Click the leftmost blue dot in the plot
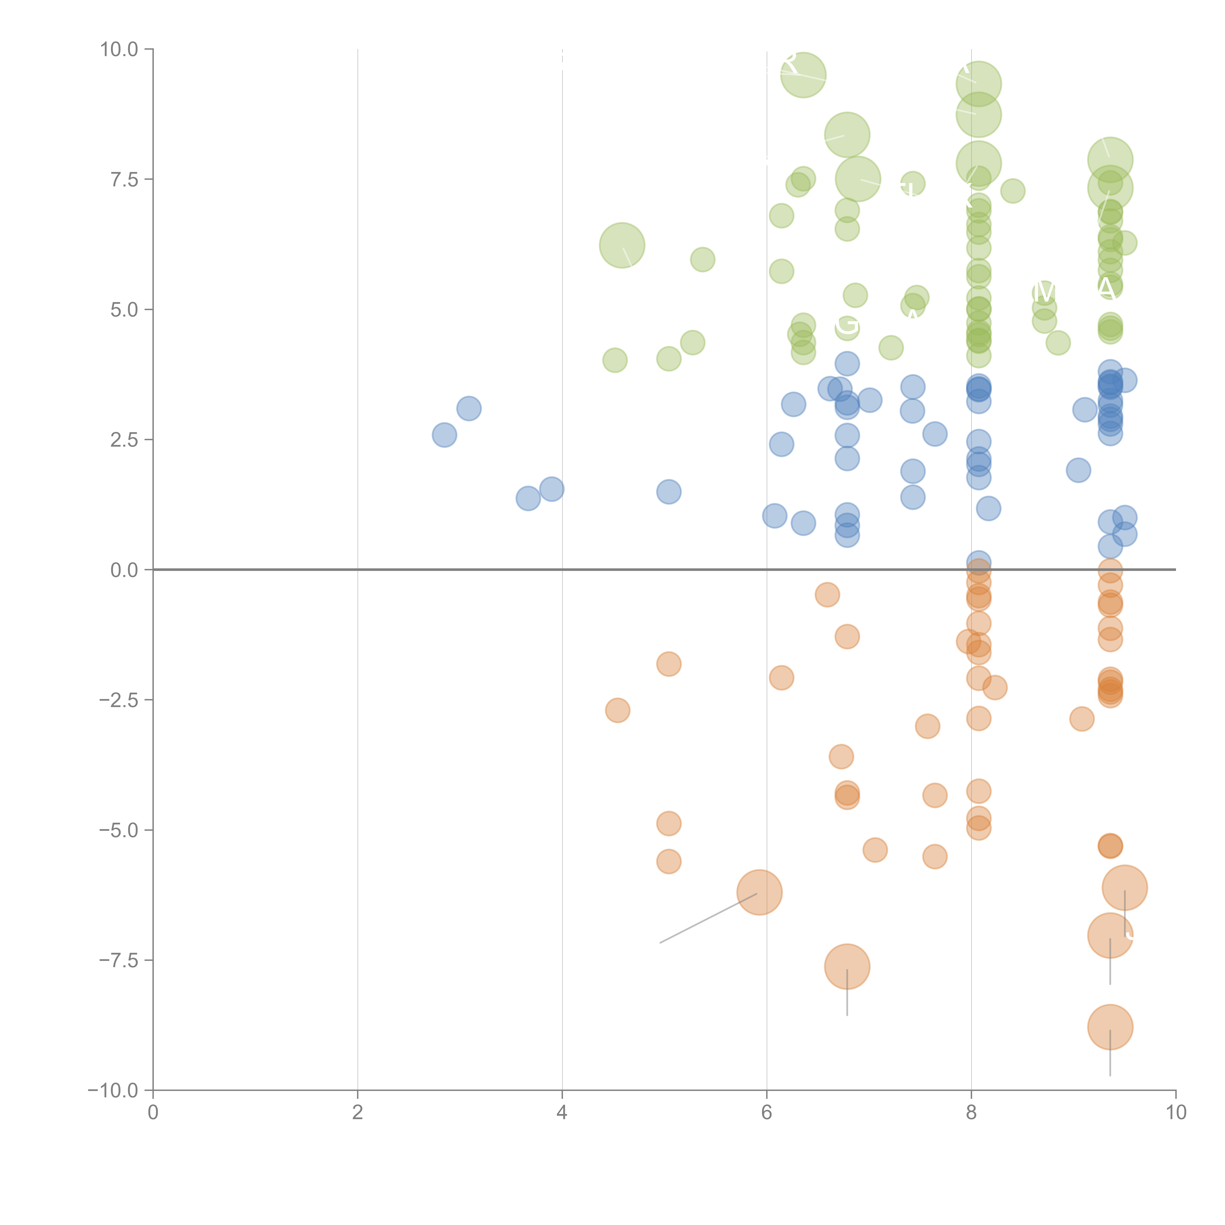444,435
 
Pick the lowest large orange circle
1110,1027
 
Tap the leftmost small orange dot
618,710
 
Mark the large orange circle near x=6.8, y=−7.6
847,966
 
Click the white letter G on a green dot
847,325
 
